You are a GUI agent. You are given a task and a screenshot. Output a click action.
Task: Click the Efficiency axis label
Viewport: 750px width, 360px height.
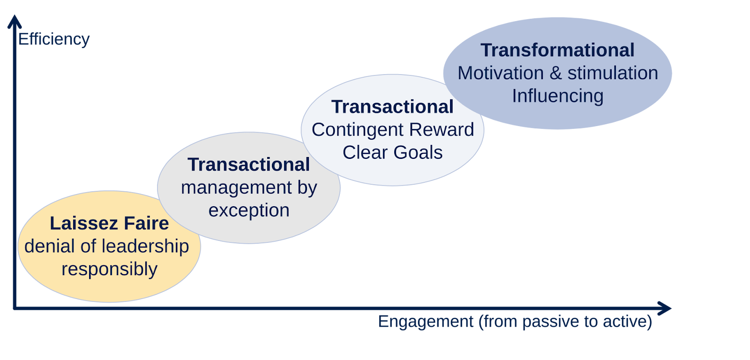[53, 39]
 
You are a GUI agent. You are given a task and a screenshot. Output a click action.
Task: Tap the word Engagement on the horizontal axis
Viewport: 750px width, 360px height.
[426, 322]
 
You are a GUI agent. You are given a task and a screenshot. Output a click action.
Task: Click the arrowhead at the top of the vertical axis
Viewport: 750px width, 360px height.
[15, 22]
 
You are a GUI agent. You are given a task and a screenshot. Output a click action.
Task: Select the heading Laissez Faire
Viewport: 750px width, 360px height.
[109, 223]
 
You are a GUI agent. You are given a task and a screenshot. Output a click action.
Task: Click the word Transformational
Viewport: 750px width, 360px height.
[557, 50]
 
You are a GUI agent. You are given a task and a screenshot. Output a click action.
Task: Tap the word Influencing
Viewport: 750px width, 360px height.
[557, 96]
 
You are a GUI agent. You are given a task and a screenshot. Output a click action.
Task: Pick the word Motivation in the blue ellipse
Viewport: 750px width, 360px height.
[500, 73]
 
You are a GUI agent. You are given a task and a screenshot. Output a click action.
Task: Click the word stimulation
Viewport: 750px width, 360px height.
[613, 73]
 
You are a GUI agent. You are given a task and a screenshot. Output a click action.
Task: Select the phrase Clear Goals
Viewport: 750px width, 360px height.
[392, 152]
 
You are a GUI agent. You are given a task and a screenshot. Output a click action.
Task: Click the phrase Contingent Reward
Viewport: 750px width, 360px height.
[393, 129]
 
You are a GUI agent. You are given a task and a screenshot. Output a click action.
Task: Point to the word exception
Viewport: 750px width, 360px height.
[249, 210]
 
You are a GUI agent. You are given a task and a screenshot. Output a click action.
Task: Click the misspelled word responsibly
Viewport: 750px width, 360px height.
[109, 269]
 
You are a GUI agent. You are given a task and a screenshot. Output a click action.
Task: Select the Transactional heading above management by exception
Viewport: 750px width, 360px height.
[248, 165]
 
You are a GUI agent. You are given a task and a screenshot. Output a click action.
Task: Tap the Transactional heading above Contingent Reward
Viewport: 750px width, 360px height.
[392, 107]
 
